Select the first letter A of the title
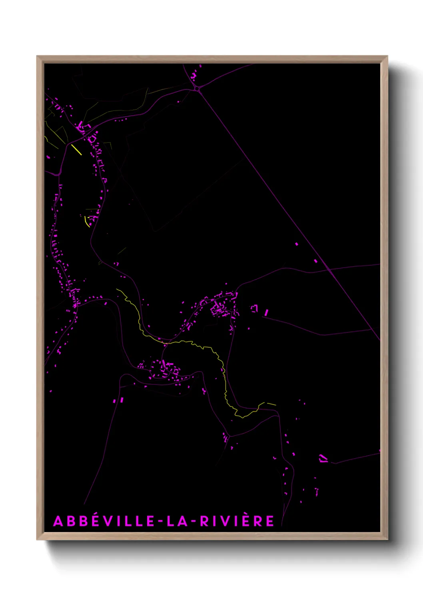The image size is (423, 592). point(58,521)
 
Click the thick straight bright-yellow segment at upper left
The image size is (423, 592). point(76,150)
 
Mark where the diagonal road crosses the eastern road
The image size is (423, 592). point(329,270)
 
